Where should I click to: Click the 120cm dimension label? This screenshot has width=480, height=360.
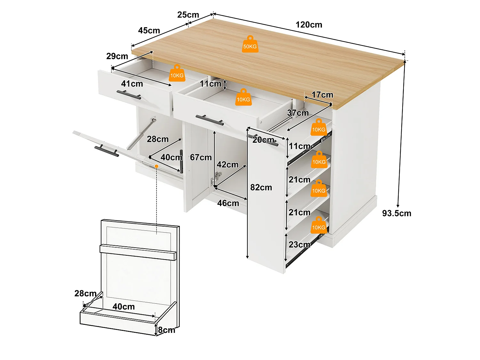pos(309,25)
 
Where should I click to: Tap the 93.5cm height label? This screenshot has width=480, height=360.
pos(397,213)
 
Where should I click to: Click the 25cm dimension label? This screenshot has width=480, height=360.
pos(188,15)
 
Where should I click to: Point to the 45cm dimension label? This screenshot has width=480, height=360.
pos(149,30)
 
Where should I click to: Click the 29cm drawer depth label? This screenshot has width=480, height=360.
pos(117,56)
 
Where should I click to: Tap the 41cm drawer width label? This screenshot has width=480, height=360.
pos(132,84)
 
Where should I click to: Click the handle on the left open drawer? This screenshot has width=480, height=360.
pos(129,95)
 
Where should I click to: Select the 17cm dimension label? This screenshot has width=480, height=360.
pos(322,95)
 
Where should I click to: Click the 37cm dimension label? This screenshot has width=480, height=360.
pos(298,113)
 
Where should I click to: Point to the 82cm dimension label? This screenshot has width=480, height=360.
pos(261,187)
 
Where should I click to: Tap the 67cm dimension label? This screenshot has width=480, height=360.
pos(201,157)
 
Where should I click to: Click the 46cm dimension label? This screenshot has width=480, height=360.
pos(228,203)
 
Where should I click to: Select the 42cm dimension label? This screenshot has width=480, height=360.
pos(228,164)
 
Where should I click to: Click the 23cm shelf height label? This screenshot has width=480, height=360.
pos(300,244)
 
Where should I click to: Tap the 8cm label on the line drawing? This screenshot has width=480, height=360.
pos(167,330)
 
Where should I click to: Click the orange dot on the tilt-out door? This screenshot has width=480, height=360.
pos(156,166)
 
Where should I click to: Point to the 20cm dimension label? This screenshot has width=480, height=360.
pos(263,140)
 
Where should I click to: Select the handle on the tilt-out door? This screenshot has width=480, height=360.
pos(107,150)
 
